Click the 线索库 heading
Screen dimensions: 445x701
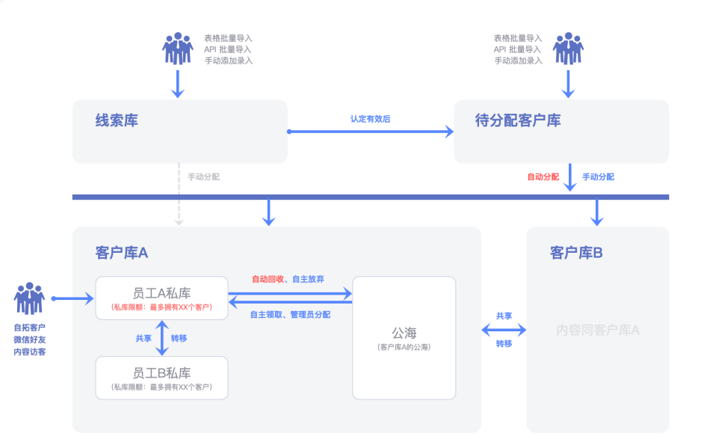tap(117, 120)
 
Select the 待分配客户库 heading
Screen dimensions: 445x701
tap(518, 120)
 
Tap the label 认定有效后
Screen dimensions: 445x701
tap(371, 119)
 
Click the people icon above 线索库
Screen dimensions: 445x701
tap(178, 49)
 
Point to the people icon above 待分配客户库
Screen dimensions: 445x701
tap(568, 49)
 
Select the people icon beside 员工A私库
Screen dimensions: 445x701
tap(29, 298)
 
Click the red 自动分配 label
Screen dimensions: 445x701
tap(543, 177)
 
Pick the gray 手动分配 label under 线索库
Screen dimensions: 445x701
tap(203, 177)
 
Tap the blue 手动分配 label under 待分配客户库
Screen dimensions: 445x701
tap(598, 177)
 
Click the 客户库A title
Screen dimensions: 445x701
tap(122, 253)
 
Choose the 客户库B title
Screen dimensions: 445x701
tap(576, 253)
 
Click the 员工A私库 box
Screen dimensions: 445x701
tap(161, 298)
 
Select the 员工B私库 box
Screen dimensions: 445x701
tap(161, 378)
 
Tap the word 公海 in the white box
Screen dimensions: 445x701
tap(404, 333)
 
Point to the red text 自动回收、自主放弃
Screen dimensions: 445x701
tap(288, 279)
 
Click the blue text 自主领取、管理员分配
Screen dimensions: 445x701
tap(290, 315)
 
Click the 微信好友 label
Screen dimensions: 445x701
tap(29, 340)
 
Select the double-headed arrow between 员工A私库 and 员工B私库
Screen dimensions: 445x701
tap(161, 338)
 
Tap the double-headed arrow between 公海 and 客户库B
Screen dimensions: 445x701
tap(504, 330)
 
